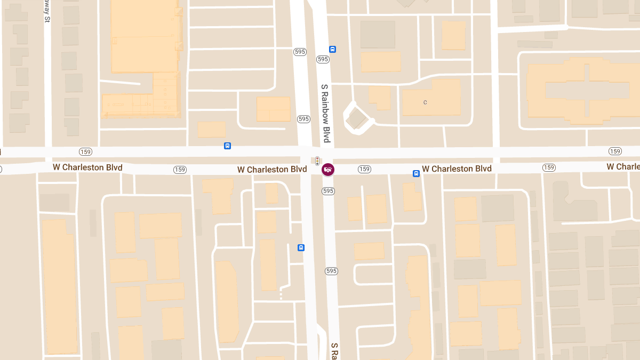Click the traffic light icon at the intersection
[317, 160]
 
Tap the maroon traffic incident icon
[329, 170]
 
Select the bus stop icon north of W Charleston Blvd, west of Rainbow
[228, 146]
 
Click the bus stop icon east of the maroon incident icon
[416, 173]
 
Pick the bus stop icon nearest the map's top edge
[333, 50]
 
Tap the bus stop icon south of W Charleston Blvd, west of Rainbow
[301, 247]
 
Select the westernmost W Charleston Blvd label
[87, 167]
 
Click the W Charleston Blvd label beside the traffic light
[272, 169]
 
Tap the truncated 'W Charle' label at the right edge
[623, 167]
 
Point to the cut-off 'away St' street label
[47, 11]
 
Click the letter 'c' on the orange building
[425, 102]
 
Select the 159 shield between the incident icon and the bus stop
[364, 169]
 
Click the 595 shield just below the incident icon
[328, 190]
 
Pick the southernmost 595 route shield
[331, 271]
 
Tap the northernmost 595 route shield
[300, 52]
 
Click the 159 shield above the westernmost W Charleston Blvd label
[85, 151]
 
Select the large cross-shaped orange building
[583, 90]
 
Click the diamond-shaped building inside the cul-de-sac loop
[356, 119]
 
